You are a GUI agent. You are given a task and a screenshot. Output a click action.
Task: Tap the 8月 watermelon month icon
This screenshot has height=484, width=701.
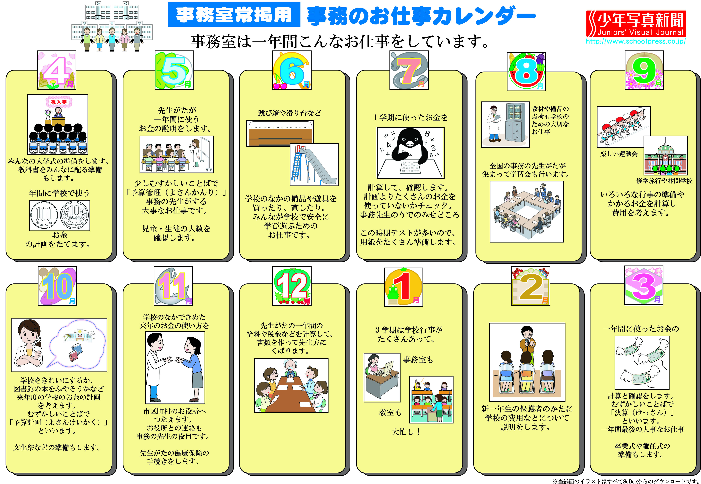pos(526,72)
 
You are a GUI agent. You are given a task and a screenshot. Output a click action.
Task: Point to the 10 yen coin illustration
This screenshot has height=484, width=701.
pos(75,215)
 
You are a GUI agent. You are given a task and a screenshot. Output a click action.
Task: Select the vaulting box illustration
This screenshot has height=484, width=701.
pos(280,133)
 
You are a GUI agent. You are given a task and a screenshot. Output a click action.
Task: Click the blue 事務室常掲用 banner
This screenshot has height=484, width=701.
pos(234,15)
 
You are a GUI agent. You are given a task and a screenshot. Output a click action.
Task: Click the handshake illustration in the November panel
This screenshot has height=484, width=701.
pos(175,367)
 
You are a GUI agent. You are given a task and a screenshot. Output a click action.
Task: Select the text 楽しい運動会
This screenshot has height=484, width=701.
pos(619,154)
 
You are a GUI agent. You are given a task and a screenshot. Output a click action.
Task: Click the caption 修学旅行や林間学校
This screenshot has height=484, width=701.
pos(664,181)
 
